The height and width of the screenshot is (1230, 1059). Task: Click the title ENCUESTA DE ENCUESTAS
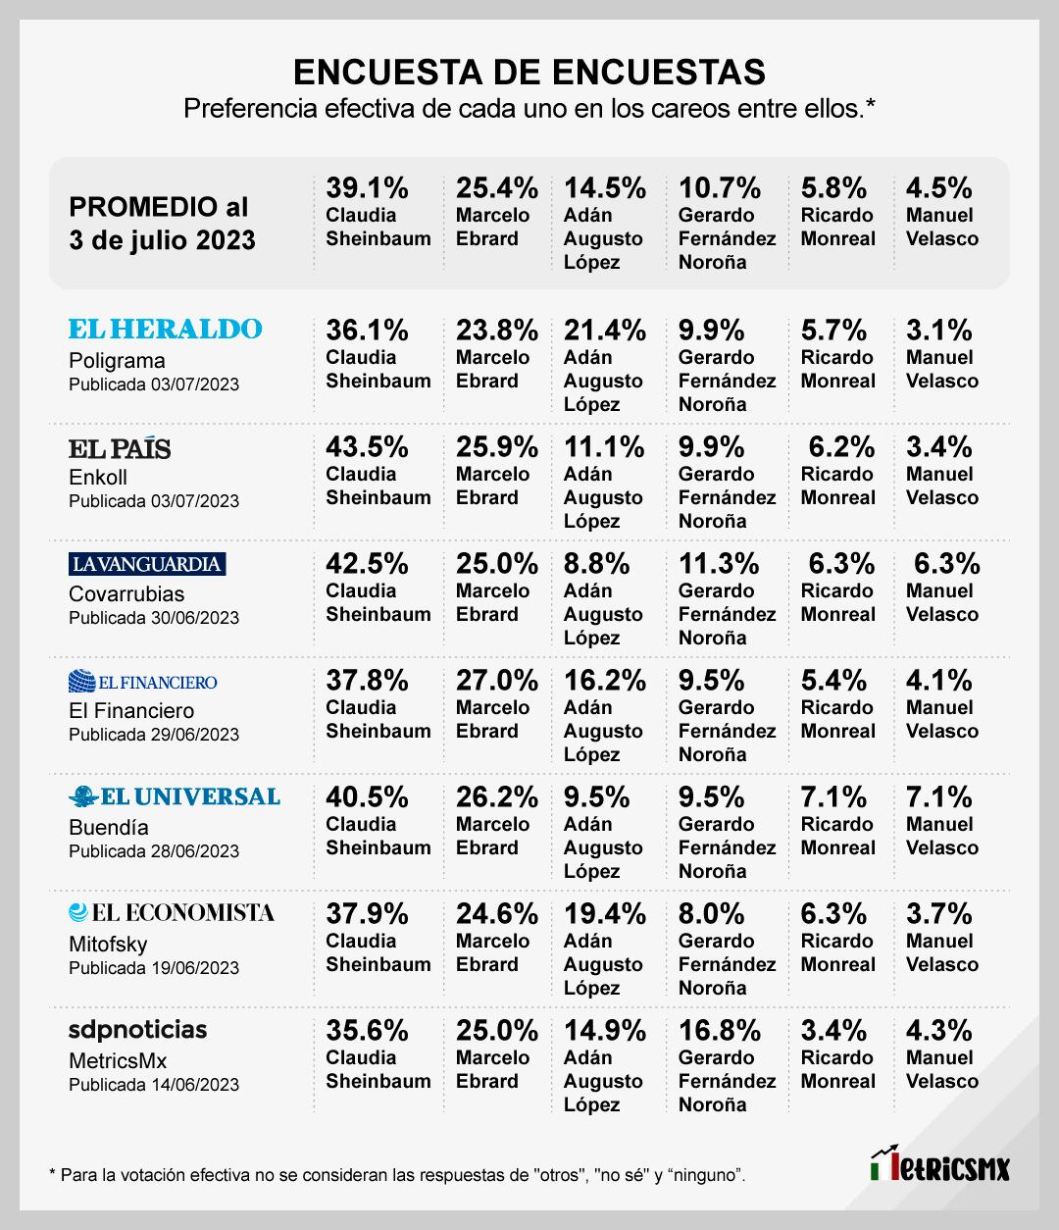pyautogui.click(x=529, y=72)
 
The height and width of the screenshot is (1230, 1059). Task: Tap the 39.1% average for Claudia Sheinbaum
pyautogui.click(x=368, y=187)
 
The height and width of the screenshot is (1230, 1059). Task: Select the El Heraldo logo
pyautogui.click(x=166, y=329)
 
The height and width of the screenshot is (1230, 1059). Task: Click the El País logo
pyautogui.click(x=120, y=448)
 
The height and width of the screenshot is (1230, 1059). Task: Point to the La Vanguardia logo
pyautogui.click(x=147, y=564)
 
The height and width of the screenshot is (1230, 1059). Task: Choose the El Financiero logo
pyautogui.click(x=143, y=682)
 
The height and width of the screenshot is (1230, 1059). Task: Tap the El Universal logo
pyautogui.click(x=175, y=796)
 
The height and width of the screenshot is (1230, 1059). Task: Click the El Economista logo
pyautogui.click(x=172, y=913)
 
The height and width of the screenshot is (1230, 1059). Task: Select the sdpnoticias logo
pyautogui.click(x=138, y=1029)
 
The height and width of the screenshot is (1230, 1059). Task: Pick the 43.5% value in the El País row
pyautogui.click(x=368, y=447)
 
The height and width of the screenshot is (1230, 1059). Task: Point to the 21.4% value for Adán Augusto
pyautogui.click(x=605, y=331)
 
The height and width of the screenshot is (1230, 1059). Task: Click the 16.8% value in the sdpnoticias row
pyautogui.click(x=720, y=1031)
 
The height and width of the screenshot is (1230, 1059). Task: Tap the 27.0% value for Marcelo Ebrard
pyautogui.click(x=497, y=681)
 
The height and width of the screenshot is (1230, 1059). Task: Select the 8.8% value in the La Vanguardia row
pyautogui.click(x=597, y=564)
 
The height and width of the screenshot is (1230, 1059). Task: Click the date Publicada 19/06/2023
pyautogui.click(x=154, y=968)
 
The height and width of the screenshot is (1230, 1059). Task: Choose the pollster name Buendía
pyautogui.click(x=109, y=827)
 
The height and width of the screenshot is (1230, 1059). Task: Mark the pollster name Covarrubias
pyautogui.click(x=126, y=593)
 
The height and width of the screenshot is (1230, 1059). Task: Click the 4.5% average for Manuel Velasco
pyautogui.click(x=939, y=187)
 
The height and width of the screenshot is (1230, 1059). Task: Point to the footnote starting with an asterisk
pyautogui.click(x=396, y=1174)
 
